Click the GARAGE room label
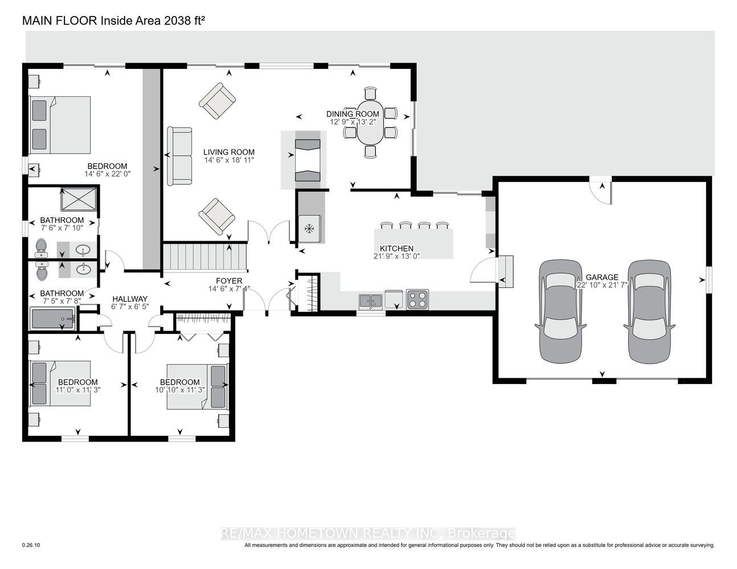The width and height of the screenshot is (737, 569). [602, 277]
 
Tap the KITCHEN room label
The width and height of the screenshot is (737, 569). [396, 249]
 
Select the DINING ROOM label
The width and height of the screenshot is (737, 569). [353, 114]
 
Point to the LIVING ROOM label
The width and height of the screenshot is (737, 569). [229, 152]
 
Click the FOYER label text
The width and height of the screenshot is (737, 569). [230, 281]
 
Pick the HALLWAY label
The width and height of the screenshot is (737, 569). [130, 299]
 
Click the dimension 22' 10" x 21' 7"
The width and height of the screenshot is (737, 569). [602, 285]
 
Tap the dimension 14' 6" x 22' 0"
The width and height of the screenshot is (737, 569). [108, 174]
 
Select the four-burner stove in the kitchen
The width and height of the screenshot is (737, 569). [417, 299]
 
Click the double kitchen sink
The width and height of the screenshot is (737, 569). [371, 302]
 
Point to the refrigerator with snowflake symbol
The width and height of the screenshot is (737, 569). [309, 229]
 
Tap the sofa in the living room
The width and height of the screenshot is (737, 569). [180, 156]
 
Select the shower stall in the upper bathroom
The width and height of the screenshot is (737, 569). [79, 199]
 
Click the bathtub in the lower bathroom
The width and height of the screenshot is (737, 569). [53, 319]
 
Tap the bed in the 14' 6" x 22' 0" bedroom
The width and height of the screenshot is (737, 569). [60, 125]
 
